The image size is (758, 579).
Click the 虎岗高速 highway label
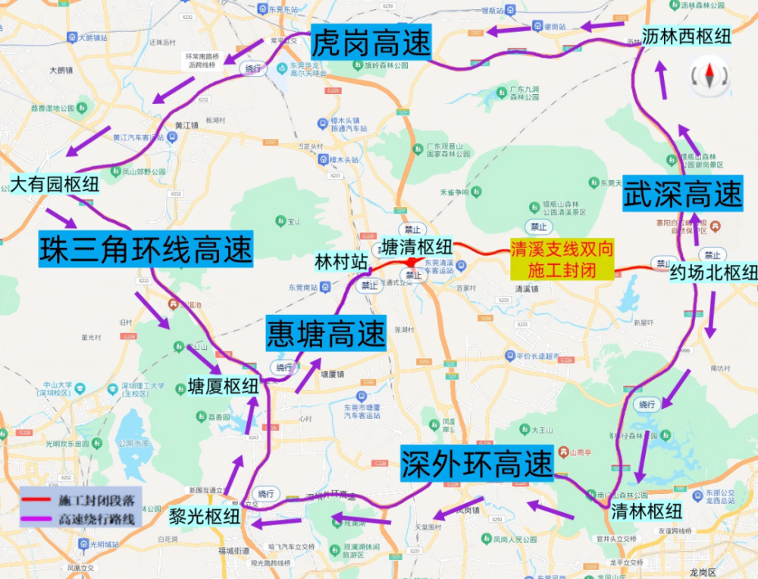click(371, 42)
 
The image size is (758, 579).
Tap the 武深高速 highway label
click(682, 195)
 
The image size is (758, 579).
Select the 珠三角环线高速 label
click(145, 249)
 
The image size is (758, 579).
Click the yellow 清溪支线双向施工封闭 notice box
click(561, 260)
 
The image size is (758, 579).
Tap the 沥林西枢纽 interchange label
click(686, 36)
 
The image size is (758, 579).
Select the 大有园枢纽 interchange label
click(55, 184)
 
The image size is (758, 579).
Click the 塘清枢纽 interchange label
click(416, 247)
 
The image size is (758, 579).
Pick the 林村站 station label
click(341, 263)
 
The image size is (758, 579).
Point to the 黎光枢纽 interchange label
click(205, 518)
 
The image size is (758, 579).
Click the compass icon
click(710, 75)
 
